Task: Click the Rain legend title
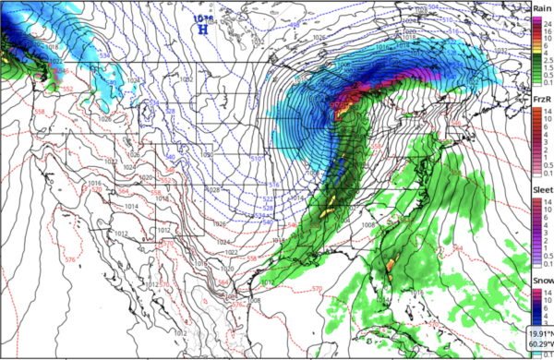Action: coord(542,7)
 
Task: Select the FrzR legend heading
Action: coord(542,101)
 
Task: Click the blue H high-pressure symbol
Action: coord(202,27)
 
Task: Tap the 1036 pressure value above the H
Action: coord(201,16)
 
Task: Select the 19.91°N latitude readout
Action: coord(535,333)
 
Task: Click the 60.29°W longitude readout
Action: coord(535,345)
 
